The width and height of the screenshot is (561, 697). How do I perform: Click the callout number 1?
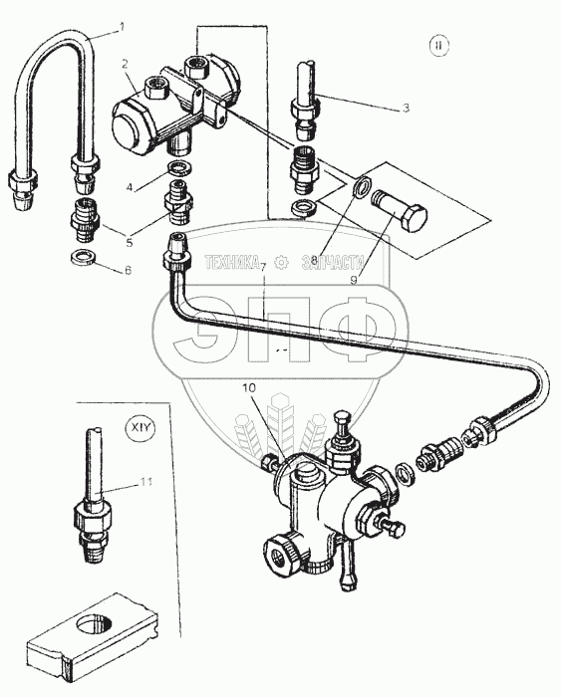[122, 27]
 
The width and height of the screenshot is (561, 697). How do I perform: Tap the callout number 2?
[125, 64]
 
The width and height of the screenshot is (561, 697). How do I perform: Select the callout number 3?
[406, 108]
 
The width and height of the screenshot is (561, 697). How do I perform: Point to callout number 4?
[130, 187]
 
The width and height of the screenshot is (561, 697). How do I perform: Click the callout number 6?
[129, 270]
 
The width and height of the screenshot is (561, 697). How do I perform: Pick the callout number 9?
[353, 280]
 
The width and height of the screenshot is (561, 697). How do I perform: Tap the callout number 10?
[249, 387]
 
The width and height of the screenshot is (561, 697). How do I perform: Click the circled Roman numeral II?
[439, 46]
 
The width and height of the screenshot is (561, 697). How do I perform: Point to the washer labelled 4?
[178, 169]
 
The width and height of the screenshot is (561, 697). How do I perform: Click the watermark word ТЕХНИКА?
[232, 263]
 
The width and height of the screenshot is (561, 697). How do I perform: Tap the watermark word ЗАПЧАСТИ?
[333, 263]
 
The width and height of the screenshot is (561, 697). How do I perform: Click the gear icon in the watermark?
[281, 263]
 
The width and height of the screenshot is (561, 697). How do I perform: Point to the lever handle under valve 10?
[347, 563]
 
